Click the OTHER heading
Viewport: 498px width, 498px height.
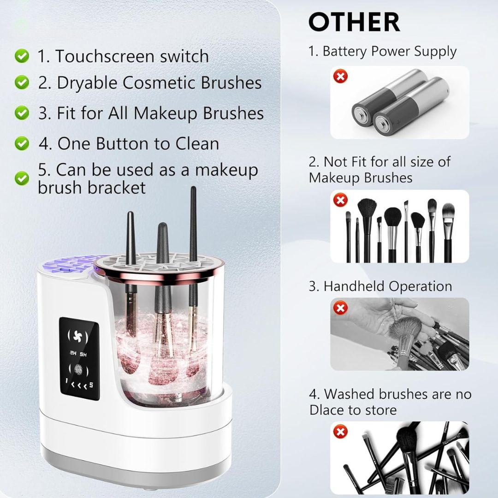pos(354,22)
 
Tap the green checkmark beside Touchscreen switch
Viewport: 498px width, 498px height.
pos(22,56)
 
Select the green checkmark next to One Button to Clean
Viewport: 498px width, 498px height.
pos(22,143)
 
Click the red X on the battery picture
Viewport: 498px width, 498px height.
pos(340,77)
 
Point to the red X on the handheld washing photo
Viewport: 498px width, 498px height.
pos(340,308)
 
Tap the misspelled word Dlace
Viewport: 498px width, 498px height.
pos(326,410)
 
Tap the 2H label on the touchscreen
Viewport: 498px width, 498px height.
pos(73,354)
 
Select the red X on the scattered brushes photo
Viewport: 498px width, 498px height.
pos(340,431)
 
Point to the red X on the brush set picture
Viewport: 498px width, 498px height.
pos(340,200)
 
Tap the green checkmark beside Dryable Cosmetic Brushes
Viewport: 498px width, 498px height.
pos(22,83)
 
